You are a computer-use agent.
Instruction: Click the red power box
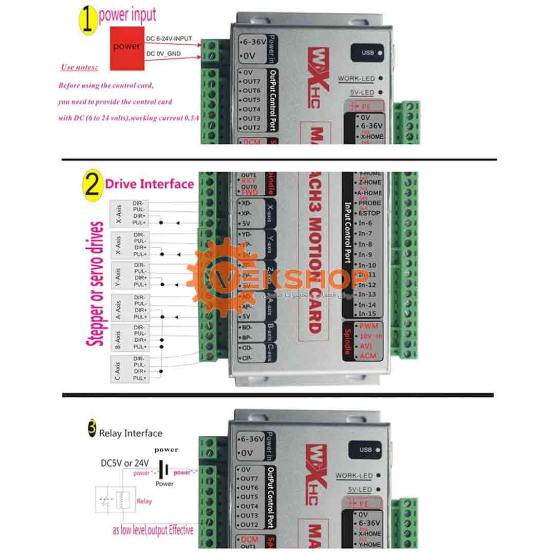126,47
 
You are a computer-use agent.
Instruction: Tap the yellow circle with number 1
87,20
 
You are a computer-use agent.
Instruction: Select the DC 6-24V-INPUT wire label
169,39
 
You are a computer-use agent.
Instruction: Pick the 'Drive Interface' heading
150,184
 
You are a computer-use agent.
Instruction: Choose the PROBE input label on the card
369,203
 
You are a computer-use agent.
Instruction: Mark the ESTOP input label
369,213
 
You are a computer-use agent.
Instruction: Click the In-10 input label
367,265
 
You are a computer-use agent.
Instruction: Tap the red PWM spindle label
368,326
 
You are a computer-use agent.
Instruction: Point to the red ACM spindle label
368,356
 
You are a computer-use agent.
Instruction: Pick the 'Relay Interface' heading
131,433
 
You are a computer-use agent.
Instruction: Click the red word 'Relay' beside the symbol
144,501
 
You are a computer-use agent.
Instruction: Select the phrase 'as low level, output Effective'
153,530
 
